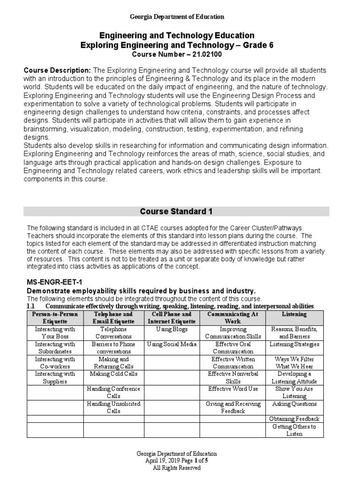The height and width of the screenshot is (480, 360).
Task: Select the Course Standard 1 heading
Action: (x=176, y=211)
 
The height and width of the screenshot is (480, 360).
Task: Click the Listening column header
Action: (x=294, y=314)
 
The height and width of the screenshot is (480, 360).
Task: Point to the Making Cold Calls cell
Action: (x=113, y=374)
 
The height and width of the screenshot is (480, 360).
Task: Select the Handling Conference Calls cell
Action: (x=113, y=392)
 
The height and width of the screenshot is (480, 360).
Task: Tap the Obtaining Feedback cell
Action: (x=294, y=419)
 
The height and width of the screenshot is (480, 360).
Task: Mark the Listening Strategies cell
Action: (x=294, y=344)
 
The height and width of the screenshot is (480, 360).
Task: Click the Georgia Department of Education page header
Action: (x=177, y=17)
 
